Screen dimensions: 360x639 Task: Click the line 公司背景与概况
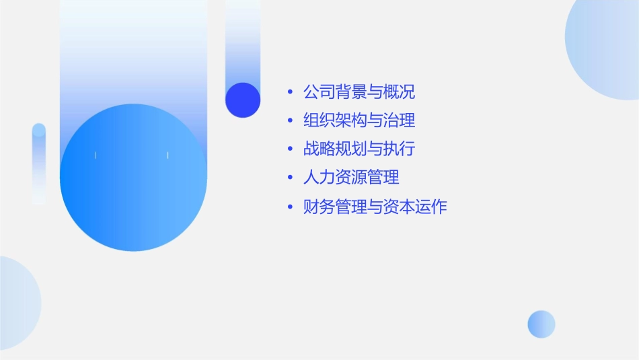pos(359,92)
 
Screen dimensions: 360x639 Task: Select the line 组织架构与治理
pos(359,120)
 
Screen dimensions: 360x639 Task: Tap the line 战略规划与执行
pos(359,149)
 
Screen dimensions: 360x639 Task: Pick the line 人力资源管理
pos(351,178)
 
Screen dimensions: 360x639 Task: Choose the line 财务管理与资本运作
pos(375,207)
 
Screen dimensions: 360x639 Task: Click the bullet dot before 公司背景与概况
pos(290,92)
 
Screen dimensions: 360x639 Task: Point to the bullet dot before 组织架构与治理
pos(290,121)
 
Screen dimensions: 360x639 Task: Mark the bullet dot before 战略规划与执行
pos(290,149)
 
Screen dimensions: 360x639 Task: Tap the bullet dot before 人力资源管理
pos(290,178)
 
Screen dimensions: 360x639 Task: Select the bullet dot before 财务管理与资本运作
pos(290,207)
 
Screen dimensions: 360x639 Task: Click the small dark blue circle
pos(243,100)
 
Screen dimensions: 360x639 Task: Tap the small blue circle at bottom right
pos(541,324)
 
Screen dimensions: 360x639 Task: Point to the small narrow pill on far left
pos(39,164)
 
